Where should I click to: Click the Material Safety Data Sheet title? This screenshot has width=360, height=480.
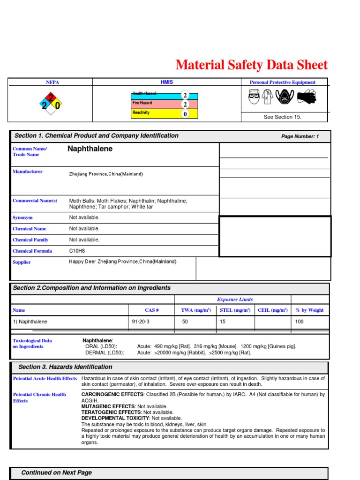(x=251, y=65)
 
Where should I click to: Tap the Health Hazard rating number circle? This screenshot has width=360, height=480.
(x=185, y=95)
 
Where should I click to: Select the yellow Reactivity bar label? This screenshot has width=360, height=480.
(x=141, y=113)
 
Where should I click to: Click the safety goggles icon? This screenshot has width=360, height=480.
(x=254, y=97)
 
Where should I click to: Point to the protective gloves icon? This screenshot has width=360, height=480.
(x=307, y=97)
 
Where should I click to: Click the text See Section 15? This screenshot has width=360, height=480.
(x=282, y=117)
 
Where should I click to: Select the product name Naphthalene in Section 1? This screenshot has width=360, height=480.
(x=90, y=149)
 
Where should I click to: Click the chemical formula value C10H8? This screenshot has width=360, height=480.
(x=77, y=251)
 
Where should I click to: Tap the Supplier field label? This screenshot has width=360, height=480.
(x=22, y=262)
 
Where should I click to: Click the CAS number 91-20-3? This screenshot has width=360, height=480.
(x=141, y=322)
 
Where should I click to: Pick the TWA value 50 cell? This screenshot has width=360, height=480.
(x=185, y=322)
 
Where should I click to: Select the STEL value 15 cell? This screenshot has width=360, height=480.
(x=223, y=322)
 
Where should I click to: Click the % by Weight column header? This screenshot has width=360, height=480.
(x=309, y=310)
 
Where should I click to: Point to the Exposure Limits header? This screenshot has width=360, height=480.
(x=235, y=300)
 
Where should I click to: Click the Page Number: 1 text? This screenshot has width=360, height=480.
(x=300, y=136)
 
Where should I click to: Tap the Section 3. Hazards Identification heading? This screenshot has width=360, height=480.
(x=65, y=367)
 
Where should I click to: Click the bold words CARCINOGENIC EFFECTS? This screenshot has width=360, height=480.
(x=111, y=395)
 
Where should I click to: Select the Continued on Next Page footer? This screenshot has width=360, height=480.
(x=57, y=472)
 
